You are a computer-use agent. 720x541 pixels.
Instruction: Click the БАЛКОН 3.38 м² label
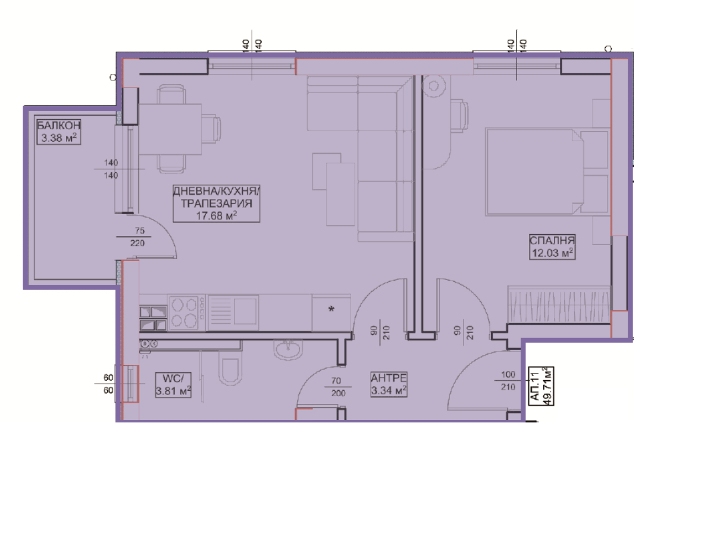[x=58, y=132]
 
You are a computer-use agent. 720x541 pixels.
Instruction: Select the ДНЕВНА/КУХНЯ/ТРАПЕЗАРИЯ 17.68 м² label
[x=217, y=203]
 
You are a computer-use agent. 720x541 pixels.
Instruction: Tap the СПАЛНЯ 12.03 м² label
[x=552, y=247]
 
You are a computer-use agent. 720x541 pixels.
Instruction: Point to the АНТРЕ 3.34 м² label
[x=389, y=384]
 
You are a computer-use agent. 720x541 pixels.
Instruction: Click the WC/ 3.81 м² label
[x=173, y=385]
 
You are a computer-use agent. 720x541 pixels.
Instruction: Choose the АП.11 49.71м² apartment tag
[x=541, y=386]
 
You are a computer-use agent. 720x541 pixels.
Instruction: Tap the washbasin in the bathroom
[x=288, y=350]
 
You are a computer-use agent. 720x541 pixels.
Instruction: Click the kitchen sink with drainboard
[x=233, y=312]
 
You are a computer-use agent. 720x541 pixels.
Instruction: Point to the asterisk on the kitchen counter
[x=331, y=309]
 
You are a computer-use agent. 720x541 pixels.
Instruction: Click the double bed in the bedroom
[x=547, y=172]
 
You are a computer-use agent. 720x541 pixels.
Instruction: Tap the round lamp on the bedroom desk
[x=434, y=86]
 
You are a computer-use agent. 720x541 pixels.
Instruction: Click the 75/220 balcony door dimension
[x=137, y=237]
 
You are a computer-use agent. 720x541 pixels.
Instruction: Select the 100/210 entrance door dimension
[x=508, y=381]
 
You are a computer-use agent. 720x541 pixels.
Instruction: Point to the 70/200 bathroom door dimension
[x=337, y=387]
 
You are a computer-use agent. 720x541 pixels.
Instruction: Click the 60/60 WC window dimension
[x=108, y=384]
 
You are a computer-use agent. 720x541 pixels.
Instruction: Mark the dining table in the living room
[x=170, y=129]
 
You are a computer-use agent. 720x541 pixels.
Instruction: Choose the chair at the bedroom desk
[x=459, y=116]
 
